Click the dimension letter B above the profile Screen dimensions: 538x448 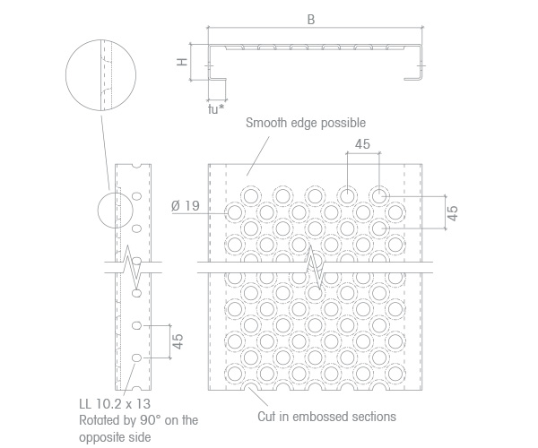[x=311, y=20]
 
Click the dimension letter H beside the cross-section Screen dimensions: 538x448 [x=183, y=62]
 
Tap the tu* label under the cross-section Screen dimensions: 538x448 [x=216, y=109]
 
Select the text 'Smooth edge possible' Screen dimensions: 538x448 [x=306, y=123]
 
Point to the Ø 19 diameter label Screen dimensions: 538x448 [x=186, y=206]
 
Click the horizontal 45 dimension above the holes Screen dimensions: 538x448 [x=362, y=144]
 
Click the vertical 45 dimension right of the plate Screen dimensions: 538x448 [x=453, y=213]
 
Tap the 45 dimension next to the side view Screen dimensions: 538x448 [x=178, y=341]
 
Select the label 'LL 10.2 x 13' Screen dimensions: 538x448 [x=115, y=404]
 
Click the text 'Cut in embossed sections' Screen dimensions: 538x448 [x=326, y=417]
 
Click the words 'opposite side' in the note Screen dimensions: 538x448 [x=115, y=437]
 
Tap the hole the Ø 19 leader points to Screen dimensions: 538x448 [x=235, y=212]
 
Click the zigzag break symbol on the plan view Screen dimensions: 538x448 [x=315, y=268]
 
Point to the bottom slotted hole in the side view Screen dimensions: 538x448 [x=137, y=358]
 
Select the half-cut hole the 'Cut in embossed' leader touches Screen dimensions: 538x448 [x=251, y=387]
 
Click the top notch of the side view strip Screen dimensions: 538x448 [x=137, y=167]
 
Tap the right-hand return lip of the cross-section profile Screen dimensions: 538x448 [x=413, y=79]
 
